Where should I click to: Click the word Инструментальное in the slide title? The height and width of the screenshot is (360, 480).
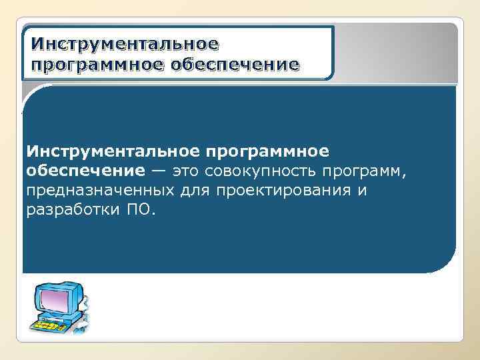click(125, 45)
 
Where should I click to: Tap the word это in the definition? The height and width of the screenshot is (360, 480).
click(186, 171)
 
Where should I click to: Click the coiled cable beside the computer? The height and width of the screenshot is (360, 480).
click(85, 313)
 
